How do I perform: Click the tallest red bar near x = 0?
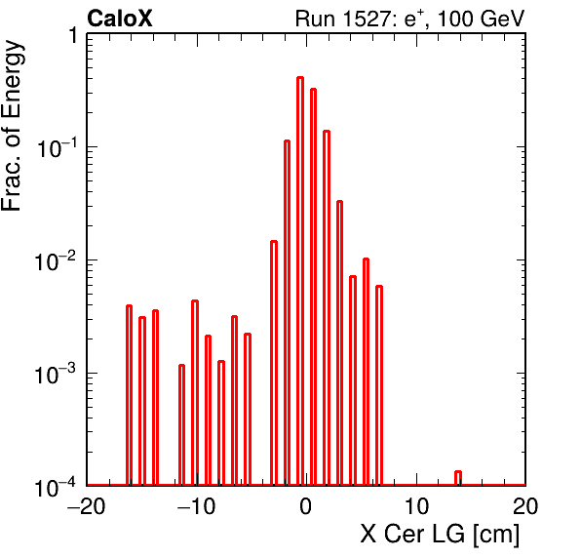(x=300, y=281)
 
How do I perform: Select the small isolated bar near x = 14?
(x=458, y=478)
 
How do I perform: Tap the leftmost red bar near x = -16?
(x=129, y=395)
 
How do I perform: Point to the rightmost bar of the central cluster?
(x=378, y=385)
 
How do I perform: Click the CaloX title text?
(x=120, y=19)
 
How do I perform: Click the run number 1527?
(x=365, y=19)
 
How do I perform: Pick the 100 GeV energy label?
(x=481, y=19)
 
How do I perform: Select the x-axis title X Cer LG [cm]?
(x=440, y=534)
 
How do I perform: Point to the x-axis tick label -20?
(x=86, y=505)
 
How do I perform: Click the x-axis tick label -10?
(x=196, y=505)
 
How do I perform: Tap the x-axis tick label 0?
(x=306, y=505)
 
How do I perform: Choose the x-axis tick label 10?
(x=416, y=505)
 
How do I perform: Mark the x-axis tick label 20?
(x=525, y=505)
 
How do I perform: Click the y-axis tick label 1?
(x=74, y=35)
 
